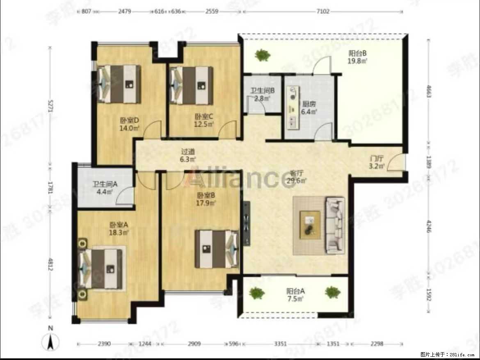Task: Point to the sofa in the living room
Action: pos(335,224)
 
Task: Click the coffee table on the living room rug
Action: pos(310,224)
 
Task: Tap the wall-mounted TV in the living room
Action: pos(246,224)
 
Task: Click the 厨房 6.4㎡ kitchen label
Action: pos(309,107)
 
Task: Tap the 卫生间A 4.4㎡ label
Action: pos(105,188)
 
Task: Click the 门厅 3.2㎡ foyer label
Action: pos(376,162)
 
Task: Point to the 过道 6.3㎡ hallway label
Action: pos(188,155)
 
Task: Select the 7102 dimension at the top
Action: pos(323,12)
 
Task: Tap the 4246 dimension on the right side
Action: pos(429,227)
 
